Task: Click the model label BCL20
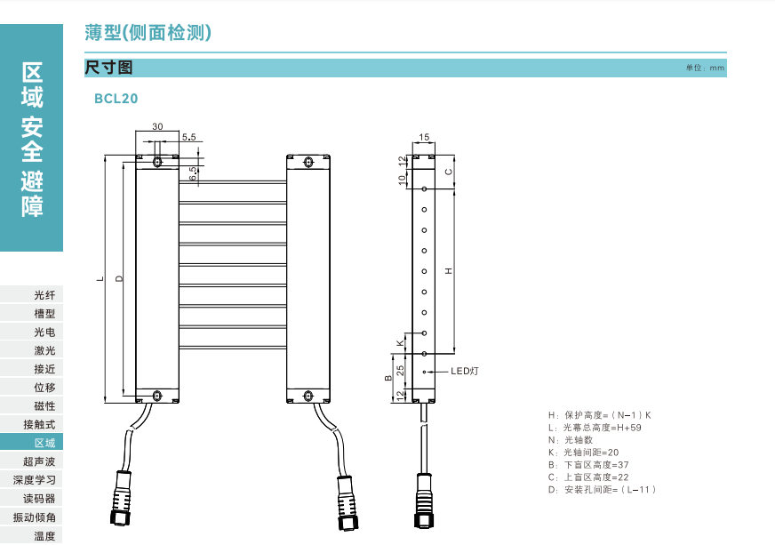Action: point(116,99)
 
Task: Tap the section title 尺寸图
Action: point(108,68)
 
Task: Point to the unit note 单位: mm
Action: point(706,68)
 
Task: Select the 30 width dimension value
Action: point(157,127)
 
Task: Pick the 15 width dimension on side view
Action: point(424,137)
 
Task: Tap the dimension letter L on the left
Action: point(100,279)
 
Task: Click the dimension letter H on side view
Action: point(449,270)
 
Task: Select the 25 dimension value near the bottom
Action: point(401,368)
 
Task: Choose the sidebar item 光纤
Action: point(44,294)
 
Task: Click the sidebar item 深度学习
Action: point(35,479)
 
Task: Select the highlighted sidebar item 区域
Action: point(44,443)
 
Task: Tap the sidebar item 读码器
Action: point(39,498)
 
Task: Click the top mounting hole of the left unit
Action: point(157,162)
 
